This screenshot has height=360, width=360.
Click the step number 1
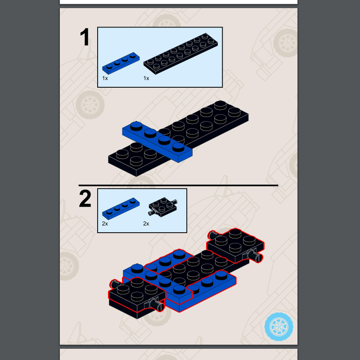point(85,37)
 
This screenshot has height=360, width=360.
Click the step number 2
point(85,199)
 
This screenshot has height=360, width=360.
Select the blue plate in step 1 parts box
point(121,63)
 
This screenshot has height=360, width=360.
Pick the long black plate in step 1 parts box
point(181,54)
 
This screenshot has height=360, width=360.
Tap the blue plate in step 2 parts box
point(121,208)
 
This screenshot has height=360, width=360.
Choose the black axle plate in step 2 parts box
point(163,207)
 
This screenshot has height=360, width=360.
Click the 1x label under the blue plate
point(105,78)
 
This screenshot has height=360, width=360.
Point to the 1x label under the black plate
point(146,78)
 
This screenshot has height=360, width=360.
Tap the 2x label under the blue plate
point(105,224)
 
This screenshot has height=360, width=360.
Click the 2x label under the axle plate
point(146,224)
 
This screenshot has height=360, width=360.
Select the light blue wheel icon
point(279,327)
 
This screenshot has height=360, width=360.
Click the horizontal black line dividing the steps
point(178,185)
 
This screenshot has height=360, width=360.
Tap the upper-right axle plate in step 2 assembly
point(235,246)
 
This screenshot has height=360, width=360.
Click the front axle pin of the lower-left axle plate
point(157,305)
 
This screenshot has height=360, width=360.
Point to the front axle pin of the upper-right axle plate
point(255,256)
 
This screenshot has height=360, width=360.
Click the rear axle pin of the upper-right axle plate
point(213,235)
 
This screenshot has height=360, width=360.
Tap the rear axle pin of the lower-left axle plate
point(115,284)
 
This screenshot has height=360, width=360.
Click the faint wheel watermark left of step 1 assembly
point(90,105)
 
